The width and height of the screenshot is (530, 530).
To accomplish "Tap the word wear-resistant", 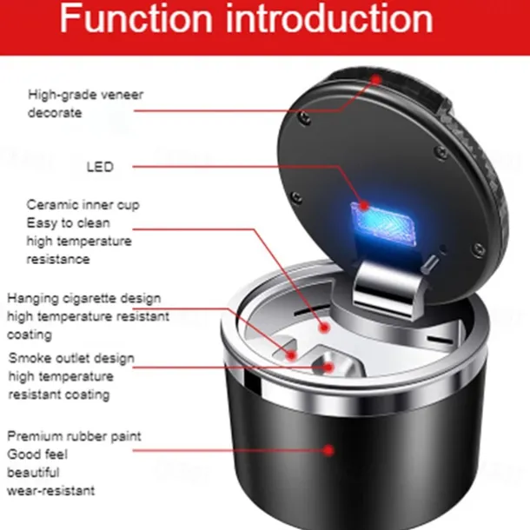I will point(51,491).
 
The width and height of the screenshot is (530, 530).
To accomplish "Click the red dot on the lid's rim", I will point(376,79).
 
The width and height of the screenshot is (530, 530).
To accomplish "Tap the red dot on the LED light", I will point(363,209).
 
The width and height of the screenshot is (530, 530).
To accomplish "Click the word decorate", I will point(53,113).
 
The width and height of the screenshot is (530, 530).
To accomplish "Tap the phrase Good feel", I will point(39,454).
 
